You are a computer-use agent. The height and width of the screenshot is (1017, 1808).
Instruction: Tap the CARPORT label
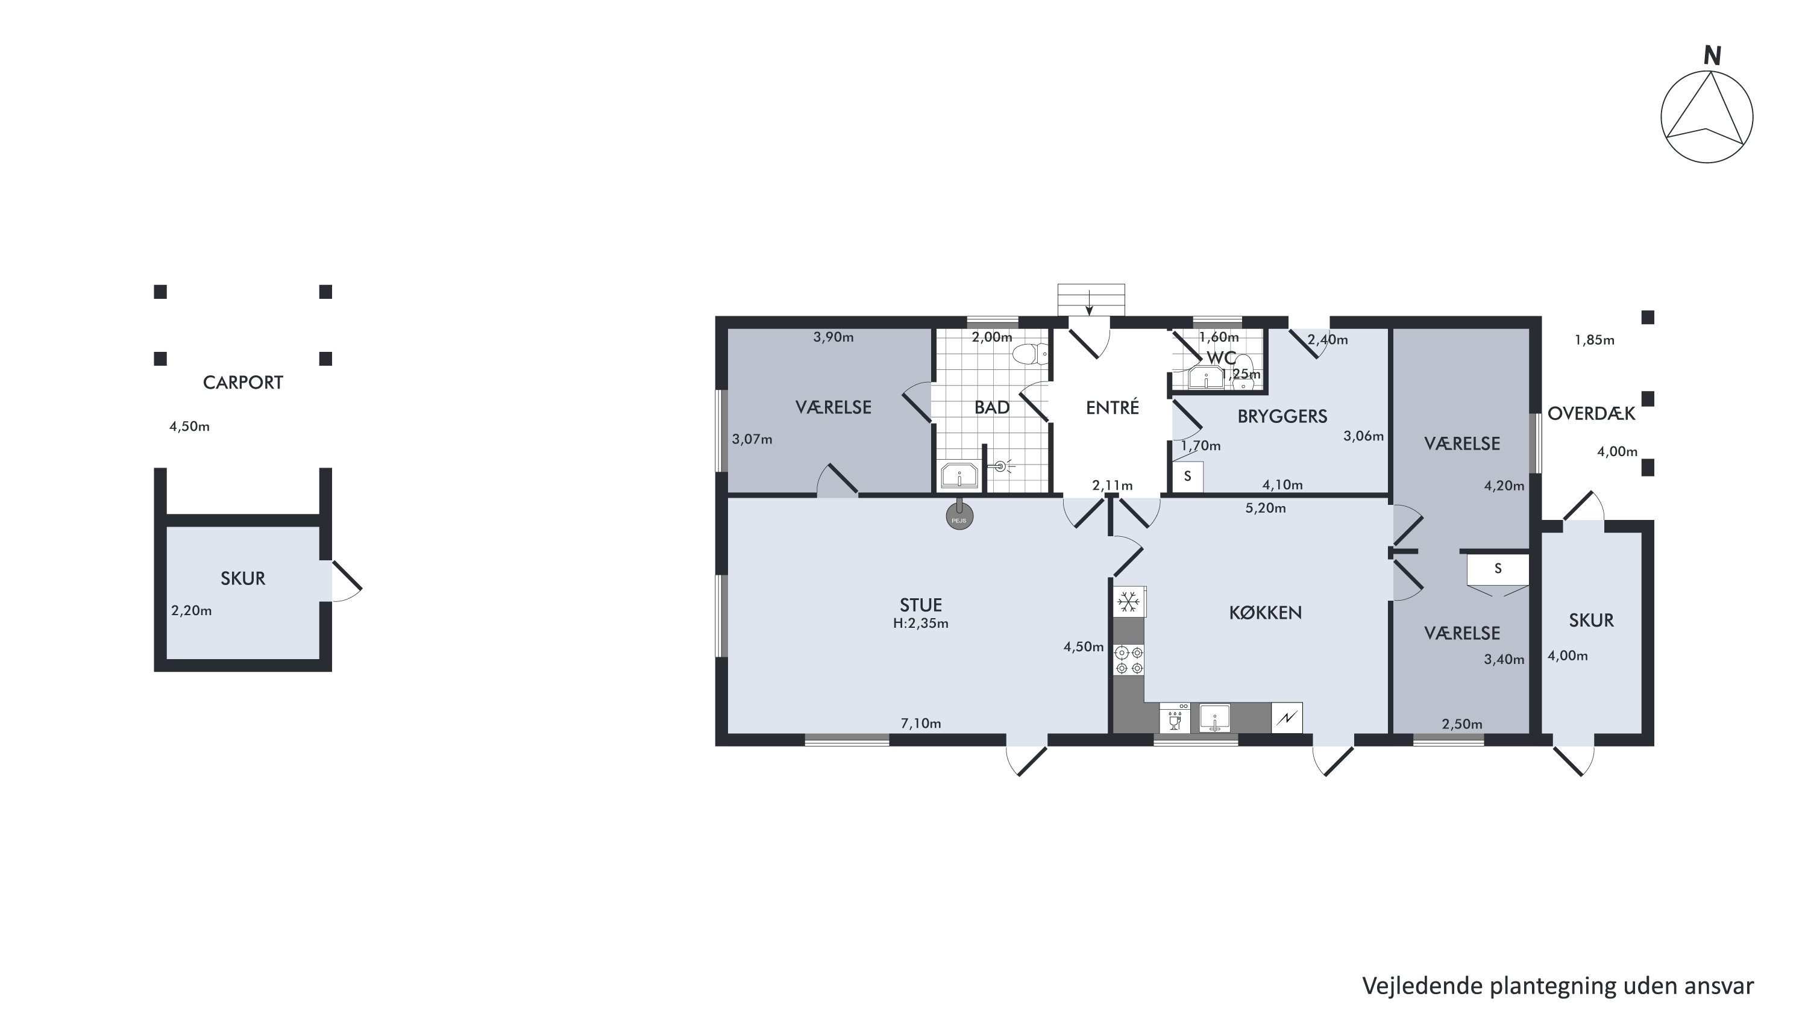243,383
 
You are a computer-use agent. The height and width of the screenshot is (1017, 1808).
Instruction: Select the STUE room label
921,604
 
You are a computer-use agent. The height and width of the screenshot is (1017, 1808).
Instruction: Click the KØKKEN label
1266,613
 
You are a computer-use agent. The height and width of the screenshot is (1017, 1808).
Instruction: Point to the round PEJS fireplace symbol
959,518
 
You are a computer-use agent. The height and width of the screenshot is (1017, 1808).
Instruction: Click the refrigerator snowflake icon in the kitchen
1129,601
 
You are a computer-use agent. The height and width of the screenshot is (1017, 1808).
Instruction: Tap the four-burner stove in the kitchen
1129,660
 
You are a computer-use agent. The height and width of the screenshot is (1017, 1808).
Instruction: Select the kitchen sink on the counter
1214,718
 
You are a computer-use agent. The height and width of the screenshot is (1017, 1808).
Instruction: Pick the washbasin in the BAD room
959,476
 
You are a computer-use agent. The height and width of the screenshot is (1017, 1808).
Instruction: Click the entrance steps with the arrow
1091,299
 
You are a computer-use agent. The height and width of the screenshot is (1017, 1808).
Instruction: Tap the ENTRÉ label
1113,407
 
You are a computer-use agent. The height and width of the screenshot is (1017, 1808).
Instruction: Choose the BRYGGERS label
1282,416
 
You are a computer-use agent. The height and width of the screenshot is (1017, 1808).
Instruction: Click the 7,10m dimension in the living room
921,724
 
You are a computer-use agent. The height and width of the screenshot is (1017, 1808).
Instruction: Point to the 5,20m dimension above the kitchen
1266,508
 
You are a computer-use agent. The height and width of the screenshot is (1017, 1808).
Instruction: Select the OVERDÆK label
1591,413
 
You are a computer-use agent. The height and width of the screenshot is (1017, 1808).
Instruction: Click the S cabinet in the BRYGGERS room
1187,476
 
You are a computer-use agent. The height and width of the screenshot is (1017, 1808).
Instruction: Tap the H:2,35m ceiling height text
921,623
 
